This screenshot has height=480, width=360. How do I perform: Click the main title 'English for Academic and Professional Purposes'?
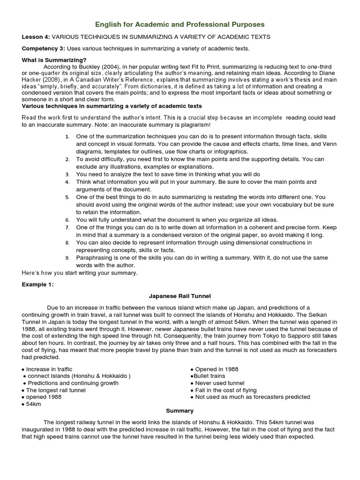(180, 23)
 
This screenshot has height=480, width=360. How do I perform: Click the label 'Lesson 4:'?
(36, 37)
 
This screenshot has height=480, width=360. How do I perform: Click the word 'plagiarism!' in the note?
(194, 125)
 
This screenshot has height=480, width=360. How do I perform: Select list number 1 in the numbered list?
(67, 136)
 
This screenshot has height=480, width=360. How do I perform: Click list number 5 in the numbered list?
(67, 197)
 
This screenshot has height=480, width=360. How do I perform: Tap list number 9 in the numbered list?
(67, 258)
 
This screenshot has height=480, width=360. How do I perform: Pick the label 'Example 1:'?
(38, 285)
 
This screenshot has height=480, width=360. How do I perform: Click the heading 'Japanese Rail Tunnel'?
(180, 296)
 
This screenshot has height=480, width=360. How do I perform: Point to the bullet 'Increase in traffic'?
(49, 369)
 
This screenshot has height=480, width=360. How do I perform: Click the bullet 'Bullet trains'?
(209, 376)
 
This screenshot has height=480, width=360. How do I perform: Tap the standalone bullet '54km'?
(33, 404)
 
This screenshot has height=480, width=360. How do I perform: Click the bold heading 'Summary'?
(180, 411)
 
